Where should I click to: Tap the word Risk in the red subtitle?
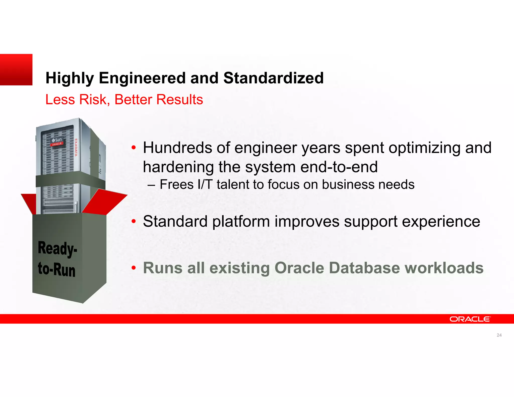(x=93, y=99)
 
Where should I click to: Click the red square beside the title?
(x=16, y=70)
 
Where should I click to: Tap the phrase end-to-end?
(x=339, y=167)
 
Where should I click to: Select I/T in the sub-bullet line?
(x=205, y=184)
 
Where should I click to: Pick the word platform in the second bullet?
(x=241, y=222)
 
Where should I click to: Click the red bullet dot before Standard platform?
(x=134, y=222)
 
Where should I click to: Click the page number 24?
(x=499, y=335)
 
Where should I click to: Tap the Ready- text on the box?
(x=57, y=248)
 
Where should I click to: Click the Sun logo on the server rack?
(x=57, y=140)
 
